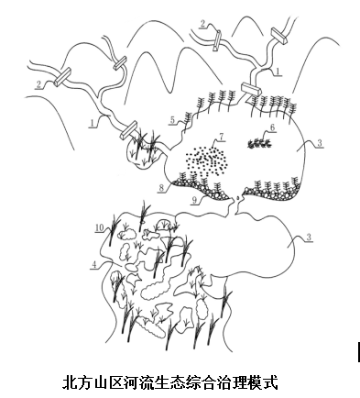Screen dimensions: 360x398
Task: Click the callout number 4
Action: (x=94, y=264)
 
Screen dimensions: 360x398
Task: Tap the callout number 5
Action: (x=172, y=120)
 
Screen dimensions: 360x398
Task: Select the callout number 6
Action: (x=273, y=127)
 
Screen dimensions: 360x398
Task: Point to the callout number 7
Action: (x=222, y=137)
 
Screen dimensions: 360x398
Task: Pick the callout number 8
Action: (x=161, y=187)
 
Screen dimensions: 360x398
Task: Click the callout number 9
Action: (x=194, y=200)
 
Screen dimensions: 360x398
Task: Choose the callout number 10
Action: (x=100, y=227)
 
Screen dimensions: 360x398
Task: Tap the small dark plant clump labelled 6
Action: (x=259, y=142)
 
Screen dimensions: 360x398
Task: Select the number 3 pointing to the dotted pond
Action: (x=319, y=143)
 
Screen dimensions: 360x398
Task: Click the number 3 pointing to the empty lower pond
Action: (x=309, y=238)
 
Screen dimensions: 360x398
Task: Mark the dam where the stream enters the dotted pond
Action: (x=251, y=89)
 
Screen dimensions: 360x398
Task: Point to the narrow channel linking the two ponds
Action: (x=236, y=205)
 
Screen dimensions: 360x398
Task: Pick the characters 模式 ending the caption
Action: (x=266, y=382)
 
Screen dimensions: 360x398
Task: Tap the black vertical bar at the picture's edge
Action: (x=358, y=352)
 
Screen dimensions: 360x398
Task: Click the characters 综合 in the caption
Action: (x=194, y=382)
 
